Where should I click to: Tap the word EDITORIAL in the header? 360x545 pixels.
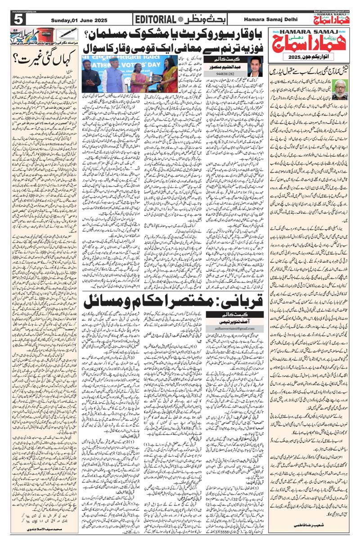click(156, 19)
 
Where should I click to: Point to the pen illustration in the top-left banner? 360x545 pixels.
click(67, 34)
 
